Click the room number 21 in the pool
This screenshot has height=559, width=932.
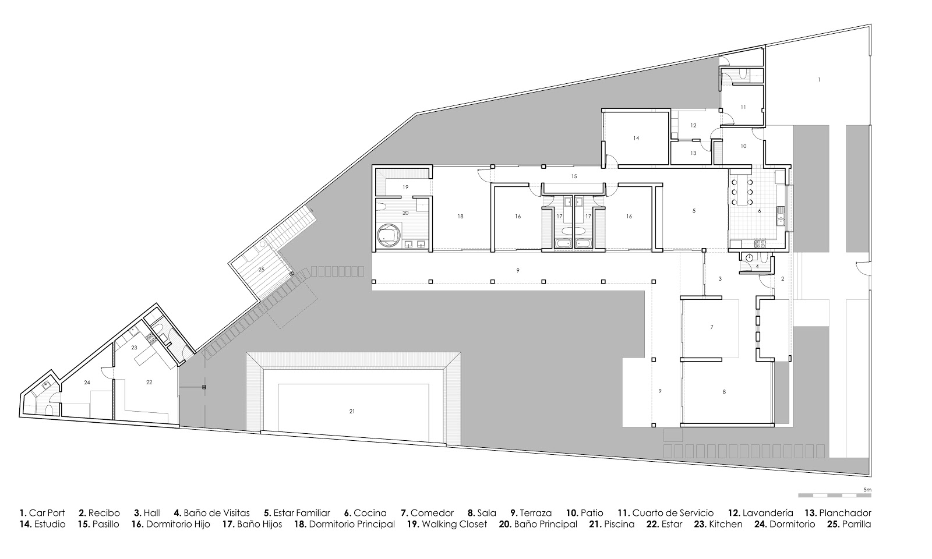coord(352,411)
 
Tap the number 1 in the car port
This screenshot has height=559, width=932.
coord(819,79)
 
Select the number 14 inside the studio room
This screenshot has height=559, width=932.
coord(636,138)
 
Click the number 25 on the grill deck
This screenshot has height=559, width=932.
coord(261,269)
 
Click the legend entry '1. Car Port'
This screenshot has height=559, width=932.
coord(42,513)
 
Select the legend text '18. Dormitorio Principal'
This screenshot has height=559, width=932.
coord(344,524)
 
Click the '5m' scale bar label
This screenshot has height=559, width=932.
coord(867,490)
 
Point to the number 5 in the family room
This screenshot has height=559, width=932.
coord(694,210)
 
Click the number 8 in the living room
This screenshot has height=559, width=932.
coord(724,392)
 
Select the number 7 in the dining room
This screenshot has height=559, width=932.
coord(712,327)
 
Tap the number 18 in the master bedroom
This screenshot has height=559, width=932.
coord(460,216)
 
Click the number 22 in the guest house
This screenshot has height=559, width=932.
coord(149,382)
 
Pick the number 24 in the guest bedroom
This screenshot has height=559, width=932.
coord(87,382)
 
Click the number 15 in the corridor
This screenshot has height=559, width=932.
coord(573,176)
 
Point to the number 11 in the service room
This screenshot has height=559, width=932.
coord(743,107)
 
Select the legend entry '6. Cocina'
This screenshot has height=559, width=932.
coord(365,513)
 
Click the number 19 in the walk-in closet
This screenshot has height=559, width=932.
coord(406,187)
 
